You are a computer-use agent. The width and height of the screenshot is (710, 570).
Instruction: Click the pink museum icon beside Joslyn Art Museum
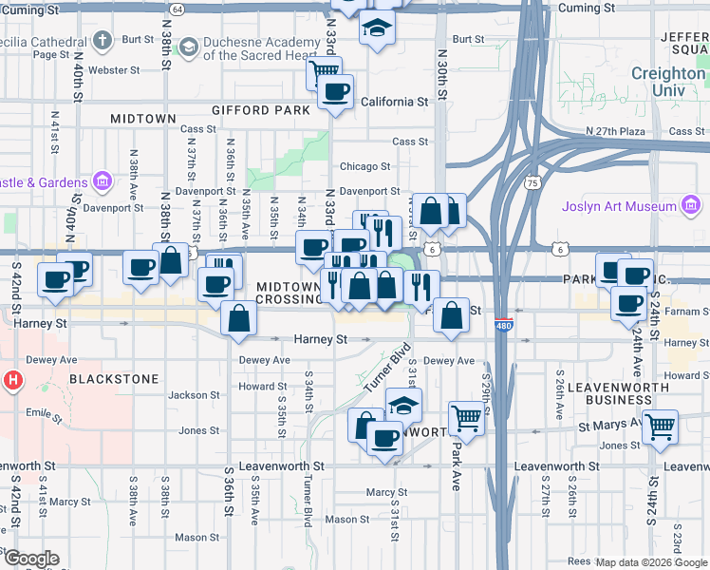coord(690,206)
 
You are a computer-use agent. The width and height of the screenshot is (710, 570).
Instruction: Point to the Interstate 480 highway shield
coord(503,325)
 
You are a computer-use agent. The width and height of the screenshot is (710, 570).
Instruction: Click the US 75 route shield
coord(532,182)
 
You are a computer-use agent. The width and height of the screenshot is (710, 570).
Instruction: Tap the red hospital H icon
coord(13,382)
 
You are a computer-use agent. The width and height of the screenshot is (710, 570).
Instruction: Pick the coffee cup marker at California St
coord(336,92)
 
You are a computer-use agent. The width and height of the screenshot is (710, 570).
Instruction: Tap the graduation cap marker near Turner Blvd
coord(403,406)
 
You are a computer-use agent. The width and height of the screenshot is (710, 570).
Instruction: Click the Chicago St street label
coord(359,166)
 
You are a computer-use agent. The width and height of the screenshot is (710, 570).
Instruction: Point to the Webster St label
coord(114,70)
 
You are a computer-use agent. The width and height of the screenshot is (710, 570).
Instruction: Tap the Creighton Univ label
coord(670,82)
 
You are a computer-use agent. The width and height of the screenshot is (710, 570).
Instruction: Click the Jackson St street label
coord(187,395)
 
